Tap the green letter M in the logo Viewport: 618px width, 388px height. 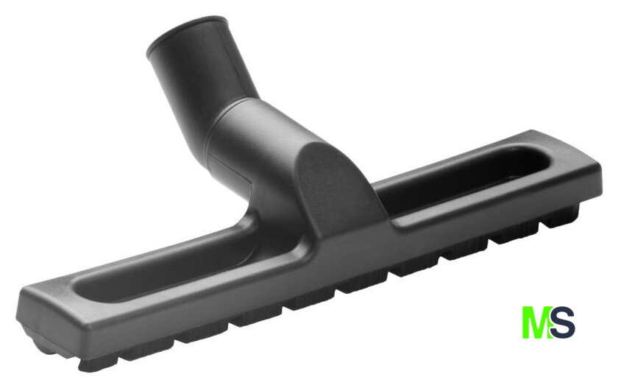tap(536, 322)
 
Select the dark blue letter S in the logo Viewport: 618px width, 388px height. tap(563, 322)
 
